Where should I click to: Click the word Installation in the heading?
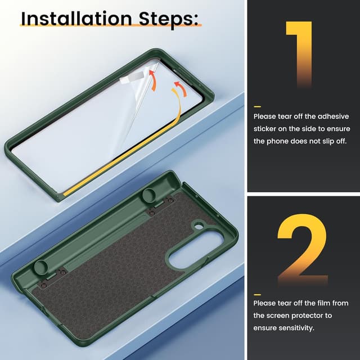(x=76, y=19)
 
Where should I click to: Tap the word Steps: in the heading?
(x=168, y=19)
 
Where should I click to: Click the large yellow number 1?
(x=299, y=54)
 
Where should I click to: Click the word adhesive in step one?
(x=333, y=116)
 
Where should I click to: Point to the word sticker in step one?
(x=265, y=129)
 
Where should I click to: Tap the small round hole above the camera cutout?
(x=199, y=227)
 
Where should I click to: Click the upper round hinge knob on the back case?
(x=150, y=195)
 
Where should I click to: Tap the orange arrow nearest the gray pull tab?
(x=153, y=80)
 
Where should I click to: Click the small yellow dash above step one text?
(x=258, y=106)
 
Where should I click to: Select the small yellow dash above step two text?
(x=258, y=295)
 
